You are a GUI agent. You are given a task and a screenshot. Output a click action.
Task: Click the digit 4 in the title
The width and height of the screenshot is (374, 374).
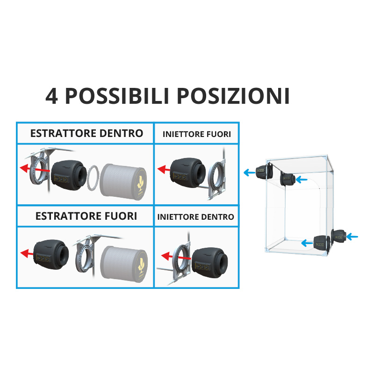pos(51,96)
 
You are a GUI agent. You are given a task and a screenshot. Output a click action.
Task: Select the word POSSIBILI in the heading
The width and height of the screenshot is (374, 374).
pos(117,96)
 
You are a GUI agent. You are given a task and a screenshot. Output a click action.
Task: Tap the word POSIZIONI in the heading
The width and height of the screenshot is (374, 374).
pos(233,96)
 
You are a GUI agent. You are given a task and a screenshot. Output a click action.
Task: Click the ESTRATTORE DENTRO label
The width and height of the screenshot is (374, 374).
pos(86,133)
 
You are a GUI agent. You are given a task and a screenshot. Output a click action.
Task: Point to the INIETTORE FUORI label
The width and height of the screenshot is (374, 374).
pos(197,134)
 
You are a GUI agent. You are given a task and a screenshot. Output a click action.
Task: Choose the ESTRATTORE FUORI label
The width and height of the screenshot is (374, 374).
pos(86,216)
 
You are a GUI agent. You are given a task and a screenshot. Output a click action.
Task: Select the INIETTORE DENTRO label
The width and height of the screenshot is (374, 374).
pos(195,217)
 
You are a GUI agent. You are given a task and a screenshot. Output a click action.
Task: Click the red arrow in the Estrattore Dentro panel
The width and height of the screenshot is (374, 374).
pos(35,169)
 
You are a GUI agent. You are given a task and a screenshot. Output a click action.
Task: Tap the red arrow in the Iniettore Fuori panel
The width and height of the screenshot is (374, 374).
pos(164,170)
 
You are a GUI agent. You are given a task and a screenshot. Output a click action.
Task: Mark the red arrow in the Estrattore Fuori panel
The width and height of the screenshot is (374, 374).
pos(27,253)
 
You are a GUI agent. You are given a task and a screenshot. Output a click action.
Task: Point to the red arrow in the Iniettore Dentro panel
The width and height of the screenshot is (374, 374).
pos(176,257)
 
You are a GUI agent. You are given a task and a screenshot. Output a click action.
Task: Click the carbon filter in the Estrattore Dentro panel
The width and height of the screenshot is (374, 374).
pos(123,182)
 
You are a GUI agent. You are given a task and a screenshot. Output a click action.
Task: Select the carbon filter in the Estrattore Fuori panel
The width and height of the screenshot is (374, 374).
pos(124,265)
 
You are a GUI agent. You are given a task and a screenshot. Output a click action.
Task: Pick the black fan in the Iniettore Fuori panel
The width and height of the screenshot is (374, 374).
pos(188,173)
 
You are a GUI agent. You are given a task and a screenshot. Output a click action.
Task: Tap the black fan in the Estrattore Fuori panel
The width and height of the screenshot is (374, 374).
pos(51,254)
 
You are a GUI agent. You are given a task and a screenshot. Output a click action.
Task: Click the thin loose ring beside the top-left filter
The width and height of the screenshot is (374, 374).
pos(93,178)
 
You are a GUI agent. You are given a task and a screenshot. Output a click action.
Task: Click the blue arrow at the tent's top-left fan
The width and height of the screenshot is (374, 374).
pos(250,172)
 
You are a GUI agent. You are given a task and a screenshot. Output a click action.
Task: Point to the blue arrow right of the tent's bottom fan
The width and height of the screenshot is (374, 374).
pos(352,237)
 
